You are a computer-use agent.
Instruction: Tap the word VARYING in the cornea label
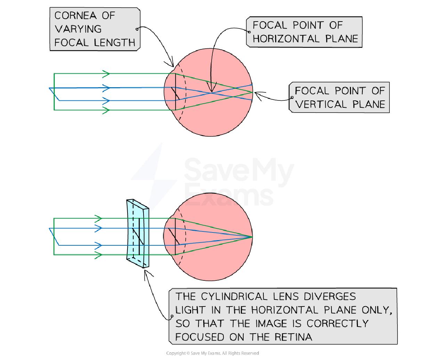pyautogui.click(x=78, y=29)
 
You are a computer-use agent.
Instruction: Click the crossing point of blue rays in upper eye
pyautogui.click(x=212, y=92)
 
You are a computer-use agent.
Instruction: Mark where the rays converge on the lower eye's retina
pyautogui.click(x=252, y=237)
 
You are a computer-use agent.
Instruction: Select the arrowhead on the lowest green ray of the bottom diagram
pyautogui.click(x=99, y=255)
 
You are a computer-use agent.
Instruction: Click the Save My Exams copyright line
pyautogui.click(x=213, y=353)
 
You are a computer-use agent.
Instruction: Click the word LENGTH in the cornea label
pyautogui.click(x=114, y=43)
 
